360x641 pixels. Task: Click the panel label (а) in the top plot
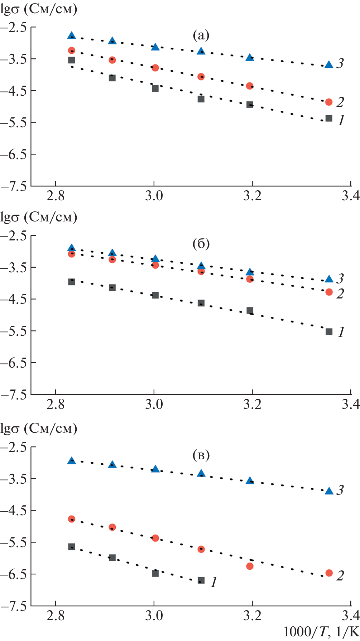pos(201,35)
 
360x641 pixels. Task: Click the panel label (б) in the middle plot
pos(201,244)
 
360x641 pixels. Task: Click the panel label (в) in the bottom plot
pos(201,455)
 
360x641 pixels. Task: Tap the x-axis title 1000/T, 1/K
pos(321,632)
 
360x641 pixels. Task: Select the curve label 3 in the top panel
pos(340,63)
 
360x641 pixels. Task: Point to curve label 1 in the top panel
pos(341,120)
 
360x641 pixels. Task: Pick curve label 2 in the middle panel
pos(340,294)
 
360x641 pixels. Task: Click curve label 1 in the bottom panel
pos(214,582)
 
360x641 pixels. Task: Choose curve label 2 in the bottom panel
pos(340,576)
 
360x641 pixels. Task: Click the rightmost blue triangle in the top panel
pos(329,65)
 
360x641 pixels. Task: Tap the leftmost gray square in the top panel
pos(72,60)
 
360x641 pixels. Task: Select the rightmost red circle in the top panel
pos(329,102)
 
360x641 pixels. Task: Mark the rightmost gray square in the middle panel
pos(329,331)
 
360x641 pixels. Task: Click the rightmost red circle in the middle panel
pos(329,292)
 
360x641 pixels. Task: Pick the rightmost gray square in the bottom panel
pos(201,580)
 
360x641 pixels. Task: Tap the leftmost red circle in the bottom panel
pos(72,519)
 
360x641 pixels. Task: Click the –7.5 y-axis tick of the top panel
pos(13,186)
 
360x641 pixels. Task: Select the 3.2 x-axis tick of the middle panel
pos(252,405)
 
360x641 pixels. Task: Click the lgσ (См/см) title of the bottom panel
pos(39,429)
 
